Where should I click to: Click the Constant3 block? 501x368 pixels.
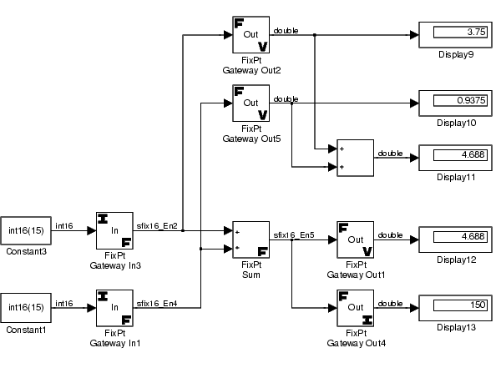26,230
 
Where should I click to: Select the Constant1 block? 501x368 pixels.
26,308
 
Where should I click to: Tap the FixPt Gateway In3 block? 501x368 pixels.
114,230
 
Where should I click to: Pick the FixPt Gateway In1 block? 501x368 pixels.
114,308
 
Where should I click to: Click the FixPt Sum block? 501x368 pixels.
250,239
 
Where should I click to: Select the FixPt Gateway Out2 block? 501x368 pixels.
250,34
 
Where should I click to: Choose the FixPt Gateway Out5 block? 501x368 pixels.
250,103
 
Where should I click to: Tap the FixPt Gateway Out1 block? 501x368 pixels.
356,239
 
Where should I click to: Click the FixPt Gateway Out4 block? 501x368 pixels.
356,308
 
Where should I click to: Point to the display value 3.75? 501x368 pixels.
477,32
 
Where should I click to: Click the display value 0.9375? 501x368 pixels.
471,100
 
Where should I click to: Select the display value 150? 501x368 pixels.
478,305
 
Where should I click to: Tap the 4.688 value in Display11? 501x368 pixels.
473,155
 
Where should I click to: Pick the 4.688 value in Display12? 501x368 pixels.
473,236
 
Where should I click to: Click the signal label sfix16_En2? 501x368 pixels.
157,226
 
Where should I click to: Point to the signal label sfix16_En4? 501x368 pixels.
157,304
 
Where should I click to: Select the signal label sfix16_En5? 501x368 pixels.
294,235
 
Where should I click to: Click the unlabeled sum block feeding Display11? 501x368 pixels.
356,158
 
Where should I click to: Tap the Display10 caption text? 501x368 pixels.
456,123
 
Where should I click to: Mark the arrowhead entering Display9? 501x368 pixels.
414,34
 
